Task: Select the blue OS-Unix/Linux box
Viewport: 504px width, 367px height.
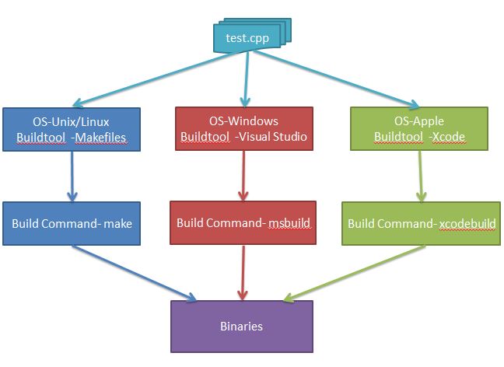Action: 72,129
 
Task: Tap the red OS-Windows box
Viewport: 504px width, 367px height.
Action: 244,129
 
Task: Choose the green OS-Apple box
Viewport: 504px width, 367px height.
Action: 419,129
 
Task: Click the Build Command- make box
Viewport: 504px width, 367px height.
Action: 72,223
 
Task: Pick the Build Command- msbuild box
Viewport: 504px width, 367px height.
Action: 244,223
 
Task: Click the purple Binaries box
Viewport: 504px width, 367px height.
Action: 241,327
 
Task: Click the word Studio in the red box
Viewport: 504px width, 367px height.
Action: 289,137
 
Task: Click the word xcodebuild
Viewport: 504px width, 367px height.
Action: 465,224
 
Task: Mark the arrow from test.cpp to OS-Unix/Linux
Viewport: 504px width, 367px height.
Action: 148,80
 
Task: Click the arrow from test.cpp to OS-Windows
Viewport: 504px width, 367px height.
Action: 245,78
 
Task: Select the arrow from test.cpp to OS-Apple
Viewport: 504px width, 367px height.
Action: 342,80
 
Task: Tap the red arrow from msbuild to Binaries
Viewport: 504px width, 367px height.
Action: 244,272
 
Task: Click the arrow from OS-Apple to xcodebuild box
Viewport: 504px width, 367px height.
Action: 421,176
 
